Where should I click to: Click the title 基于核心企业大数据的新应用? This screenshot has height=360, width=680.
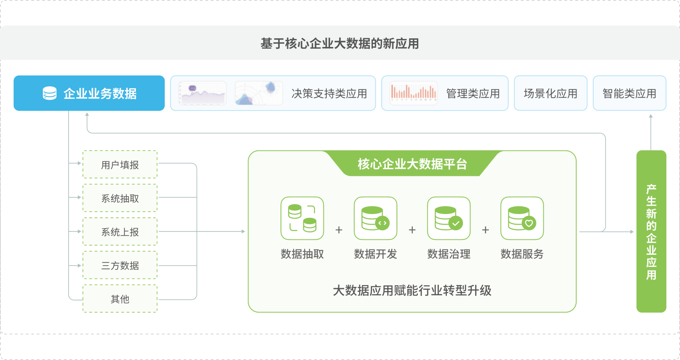(x=340, y=43)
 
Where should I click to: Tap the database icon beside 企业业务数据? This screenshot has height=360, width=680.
(x=49, y=93)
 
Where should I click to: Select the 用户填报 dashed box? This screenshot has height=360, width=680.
(x=120, y=165)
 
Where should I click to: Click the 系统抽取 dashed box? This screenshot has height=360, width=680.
(x=120, y=198)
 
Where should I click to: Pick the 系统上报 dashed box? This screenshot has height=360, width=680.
(x=120, y=232)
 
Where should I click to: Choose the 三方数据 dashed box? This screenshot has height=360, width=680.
(x=120, y=265)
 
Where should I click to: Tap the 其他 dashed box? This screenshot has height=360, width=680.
(x=120, y=299)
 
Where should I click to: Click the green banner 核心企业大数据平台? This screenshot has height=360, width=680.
(x=412, y=164)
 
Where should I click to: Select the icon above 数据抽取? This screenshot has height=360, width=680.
(x=302, y=218)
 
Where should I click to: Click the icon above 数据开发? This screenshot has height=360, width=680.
(x=375, y=218)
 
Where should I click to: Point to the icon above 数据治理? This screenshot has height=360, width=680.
(x=449, y=218)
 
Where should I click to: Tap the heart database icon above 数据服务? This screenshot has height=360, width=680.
(x=522, y=218)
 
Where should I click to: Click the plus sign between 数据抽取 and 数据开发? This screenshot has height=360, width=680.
(x=339, y=230)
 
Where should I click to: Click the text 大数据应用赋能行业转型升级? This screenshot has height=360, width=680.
(x=412, y=290)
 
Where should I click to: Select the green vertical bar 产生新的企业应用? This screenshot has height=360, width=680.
(x=651, y=231)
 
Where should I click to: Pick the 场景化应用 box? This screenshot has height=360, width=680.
(x=550, y=93)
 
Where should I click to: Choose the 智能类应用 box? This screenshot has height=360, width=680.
(x=629, y=93)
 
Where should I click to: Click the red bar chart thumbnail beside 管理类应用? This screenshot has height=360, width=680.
(x=414, y=93)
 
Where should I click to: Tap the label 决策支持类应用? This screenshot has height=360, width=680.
(x=329, y=94)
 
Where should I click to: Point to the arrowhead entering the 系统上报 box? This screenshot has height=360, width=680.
(x=79, y=232)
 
